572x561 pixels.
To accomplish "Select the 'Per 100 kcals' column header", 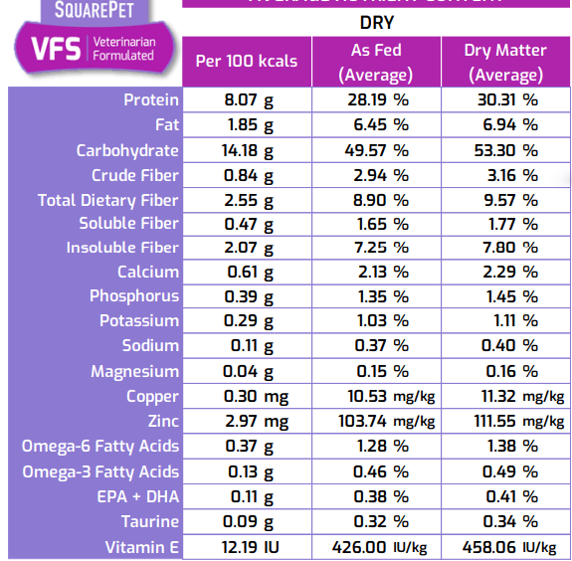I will (x=246, y=62).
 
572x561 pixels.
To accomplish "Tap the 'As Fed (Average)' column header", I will (x=375, y=62).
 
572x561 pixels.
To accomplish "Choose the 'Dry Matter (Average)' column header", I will (x=504, y=62).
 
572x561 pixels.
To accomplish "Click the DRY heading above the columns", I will (x=375, y=19).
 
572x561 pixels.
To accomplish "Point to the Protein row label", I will (x=151, y=99).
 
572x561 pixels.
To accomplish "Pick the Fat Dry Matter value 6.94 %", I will (x=502, y=124).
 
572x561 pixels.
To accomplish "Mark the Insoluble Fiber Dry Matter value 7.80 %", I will (x=502, y=248).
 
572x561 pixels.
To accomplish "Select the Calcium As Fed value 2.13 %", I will (x=374, y=272).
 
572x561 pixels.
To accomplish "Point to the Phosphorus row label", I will (x=134, y=296).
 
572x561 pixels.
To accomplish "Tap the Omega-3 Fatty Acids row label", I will (x=100, y=471).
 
